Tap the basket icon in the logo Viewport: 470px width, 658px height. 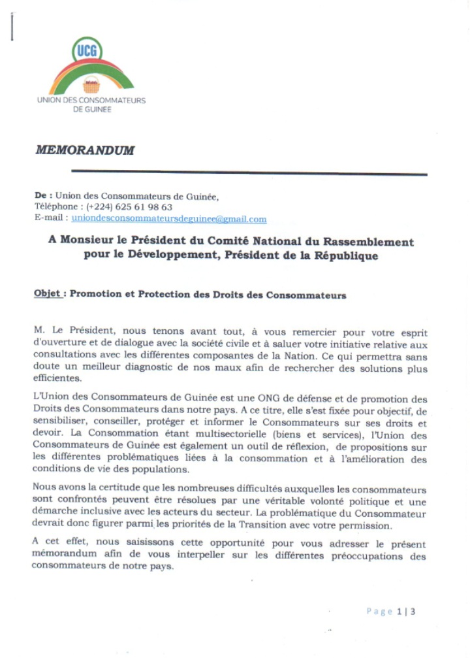tap(91, 84)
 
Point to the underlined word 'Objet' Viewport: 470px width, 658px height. tap(48, 294)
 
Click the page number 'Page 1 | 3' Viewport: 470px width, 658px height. tap(390, 612)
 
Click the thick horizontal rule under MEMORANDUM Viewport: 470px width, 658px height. tap(248, 173)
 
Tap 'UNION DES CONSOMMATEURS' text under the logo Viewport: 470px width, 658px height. tap(91, 101)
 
